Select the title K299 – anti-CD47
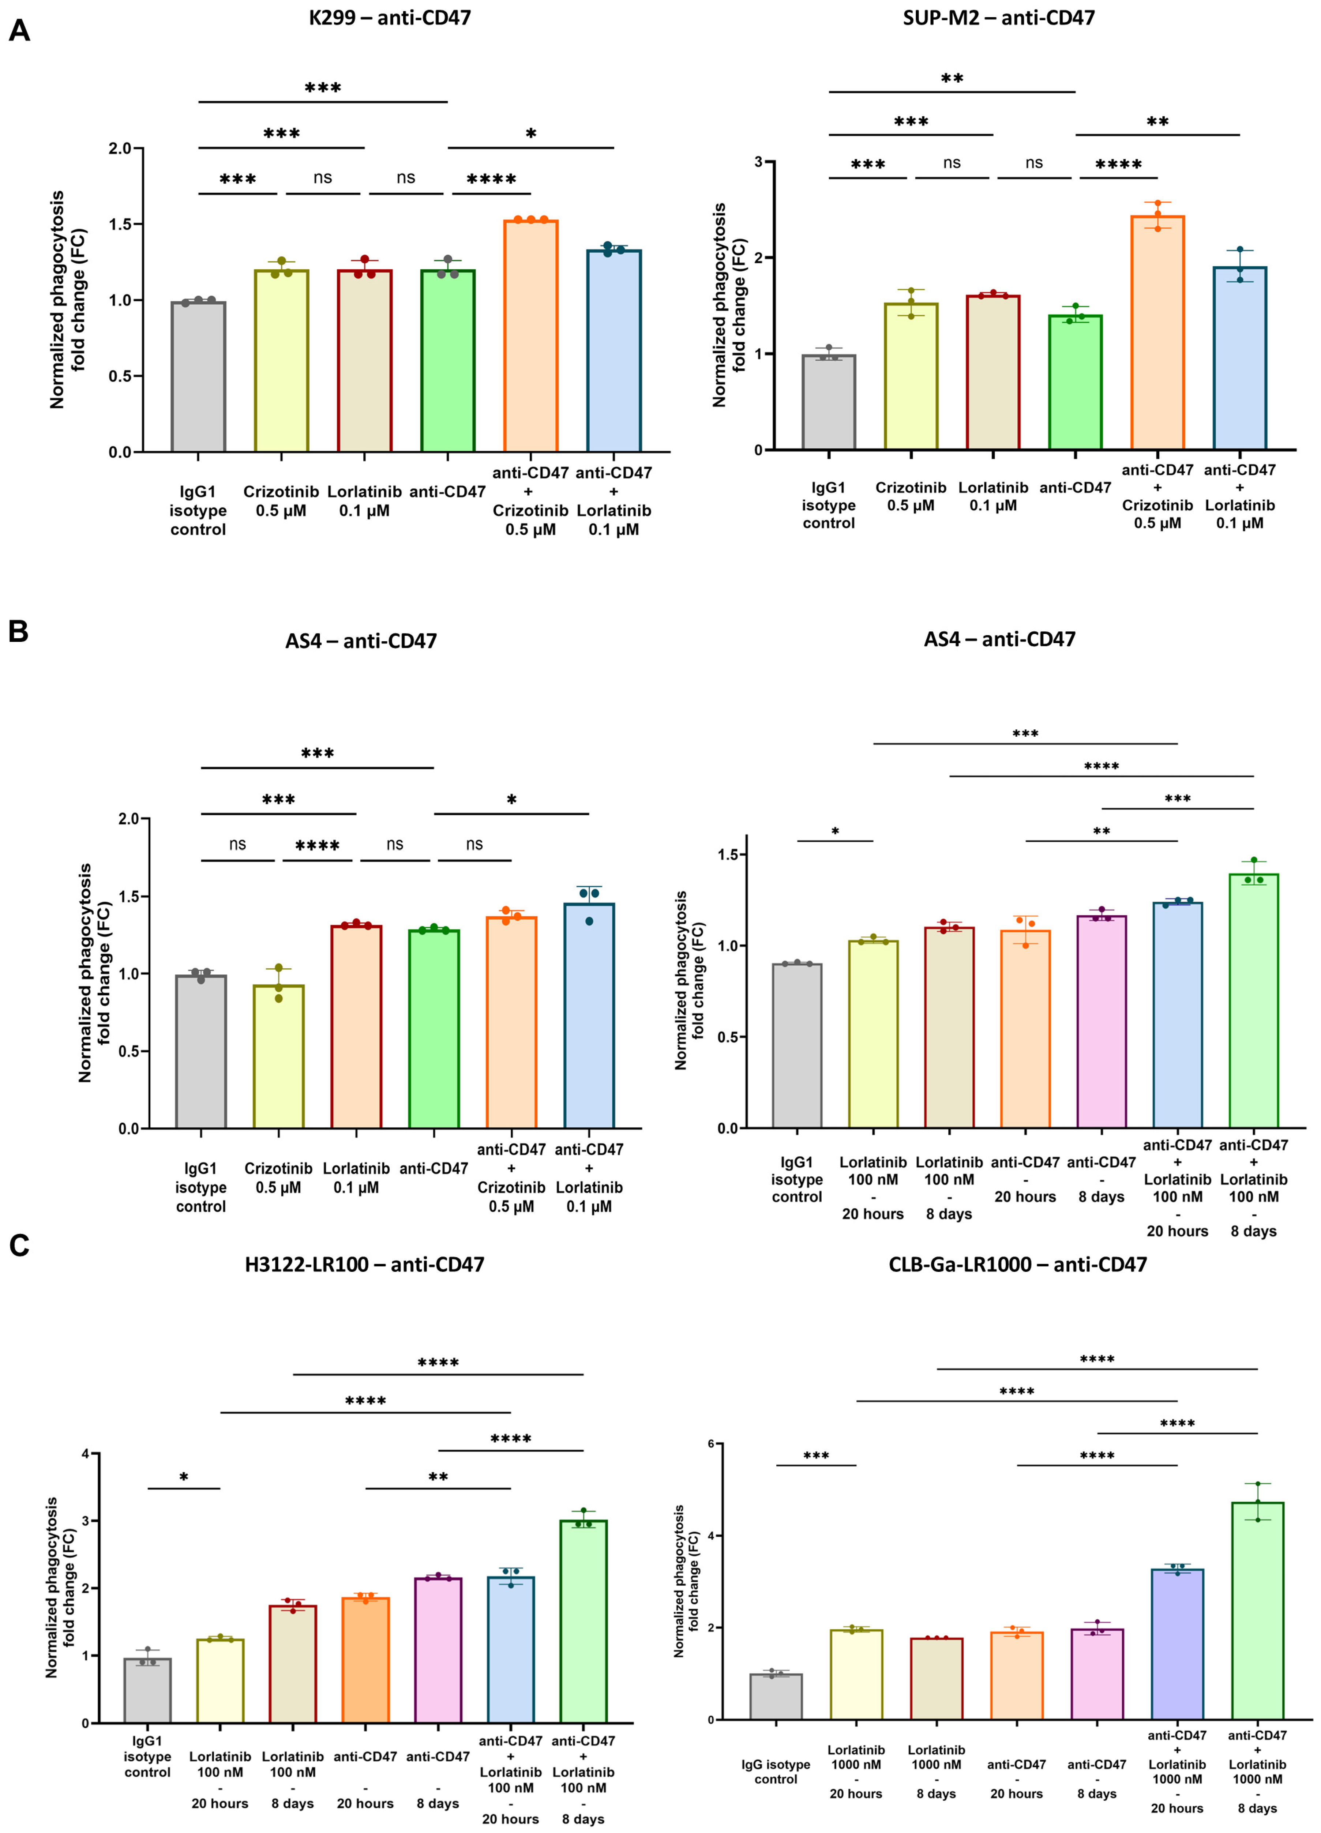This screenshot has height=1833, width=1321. coord(390,18)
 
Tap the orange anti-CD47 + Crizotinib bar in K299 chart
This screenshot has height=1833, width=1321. coord(530,335)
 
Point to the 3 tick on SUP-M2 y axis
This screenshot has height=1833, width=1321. coord(758,162)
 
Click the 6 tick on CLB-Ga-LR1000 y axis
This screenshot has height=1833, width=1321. coord(711,1444)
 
